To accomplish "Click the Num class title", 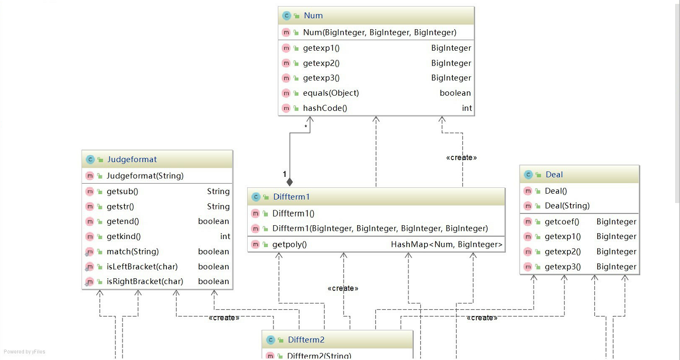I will tap(313, 16).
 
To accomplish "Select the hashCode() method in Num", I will tap(325, 108).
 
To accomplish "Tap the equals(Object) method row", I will tap(330, 93).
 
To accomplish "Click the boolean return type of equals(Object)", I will tap(455, 93).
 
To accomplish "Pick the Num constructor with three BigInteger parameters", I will tap(379, 33).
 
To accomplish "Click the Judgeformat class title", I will tap(132, 160).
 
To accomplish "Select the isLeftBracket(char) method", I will tap(142, 266).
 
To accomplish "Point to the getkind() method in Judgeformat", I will tap(123, 236).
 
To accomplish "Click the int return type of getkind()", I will tap(225, 236).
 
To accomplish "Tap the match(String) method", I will tap(132, 251).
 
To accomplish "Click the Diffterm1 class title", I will tap(292, 197).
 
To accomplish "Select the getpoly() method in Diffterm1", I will tap(289, 244).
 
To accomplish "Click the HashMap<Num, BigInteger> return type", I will tap(447, 244).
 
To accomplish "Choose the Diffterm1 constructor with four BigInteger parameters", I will tap(380, 229).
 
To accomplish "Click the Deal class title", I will tap(554, 175).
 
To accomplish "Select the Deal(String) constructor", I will tap(567, 206).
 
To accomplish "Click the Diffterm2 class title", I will tap(306, 340).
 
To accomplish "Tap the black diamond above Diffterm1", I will tap(289, 182).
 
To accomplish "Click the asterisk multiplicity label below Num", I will tap(306, 126).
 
